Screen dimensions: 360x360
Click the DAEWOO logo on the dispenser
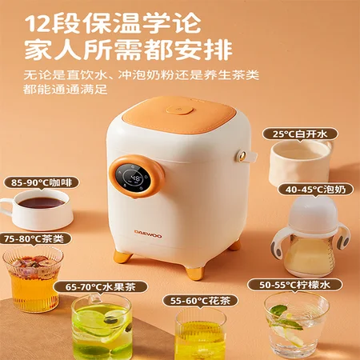click(x=148, y=234)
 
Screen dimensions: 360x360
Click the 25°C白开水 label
click(x=300, y=134)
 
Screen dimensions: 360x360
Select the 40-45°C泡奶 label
click(x=315, y=190)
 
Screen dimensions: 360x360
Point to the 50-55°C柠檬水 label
click(x=294, y=285)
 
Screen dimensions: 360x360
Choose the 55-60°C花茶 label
click(x=200, y=301)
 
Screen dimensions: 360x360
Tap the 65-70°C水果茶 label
click(x=101, y=287)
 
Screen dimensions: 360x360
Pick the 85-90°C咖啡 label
click(x=42, y=182)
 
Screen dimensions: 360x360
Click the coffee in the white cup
click(x=42, y=203)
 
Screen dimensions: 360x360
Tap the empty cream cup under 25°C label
click(x=299, y=162)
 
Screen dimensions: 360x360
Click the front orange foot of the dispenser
click(x=195, y=272)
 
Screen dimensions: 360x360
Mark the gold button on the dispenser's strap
click(x=242, y=156)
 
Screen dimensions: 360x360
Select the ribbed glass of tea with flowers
click(x=33, y=279)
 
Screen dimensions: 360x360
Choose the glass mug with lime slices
click(x=102, y=326)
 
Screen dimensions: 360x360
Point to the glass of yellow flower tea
click(x=200, y=334)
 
